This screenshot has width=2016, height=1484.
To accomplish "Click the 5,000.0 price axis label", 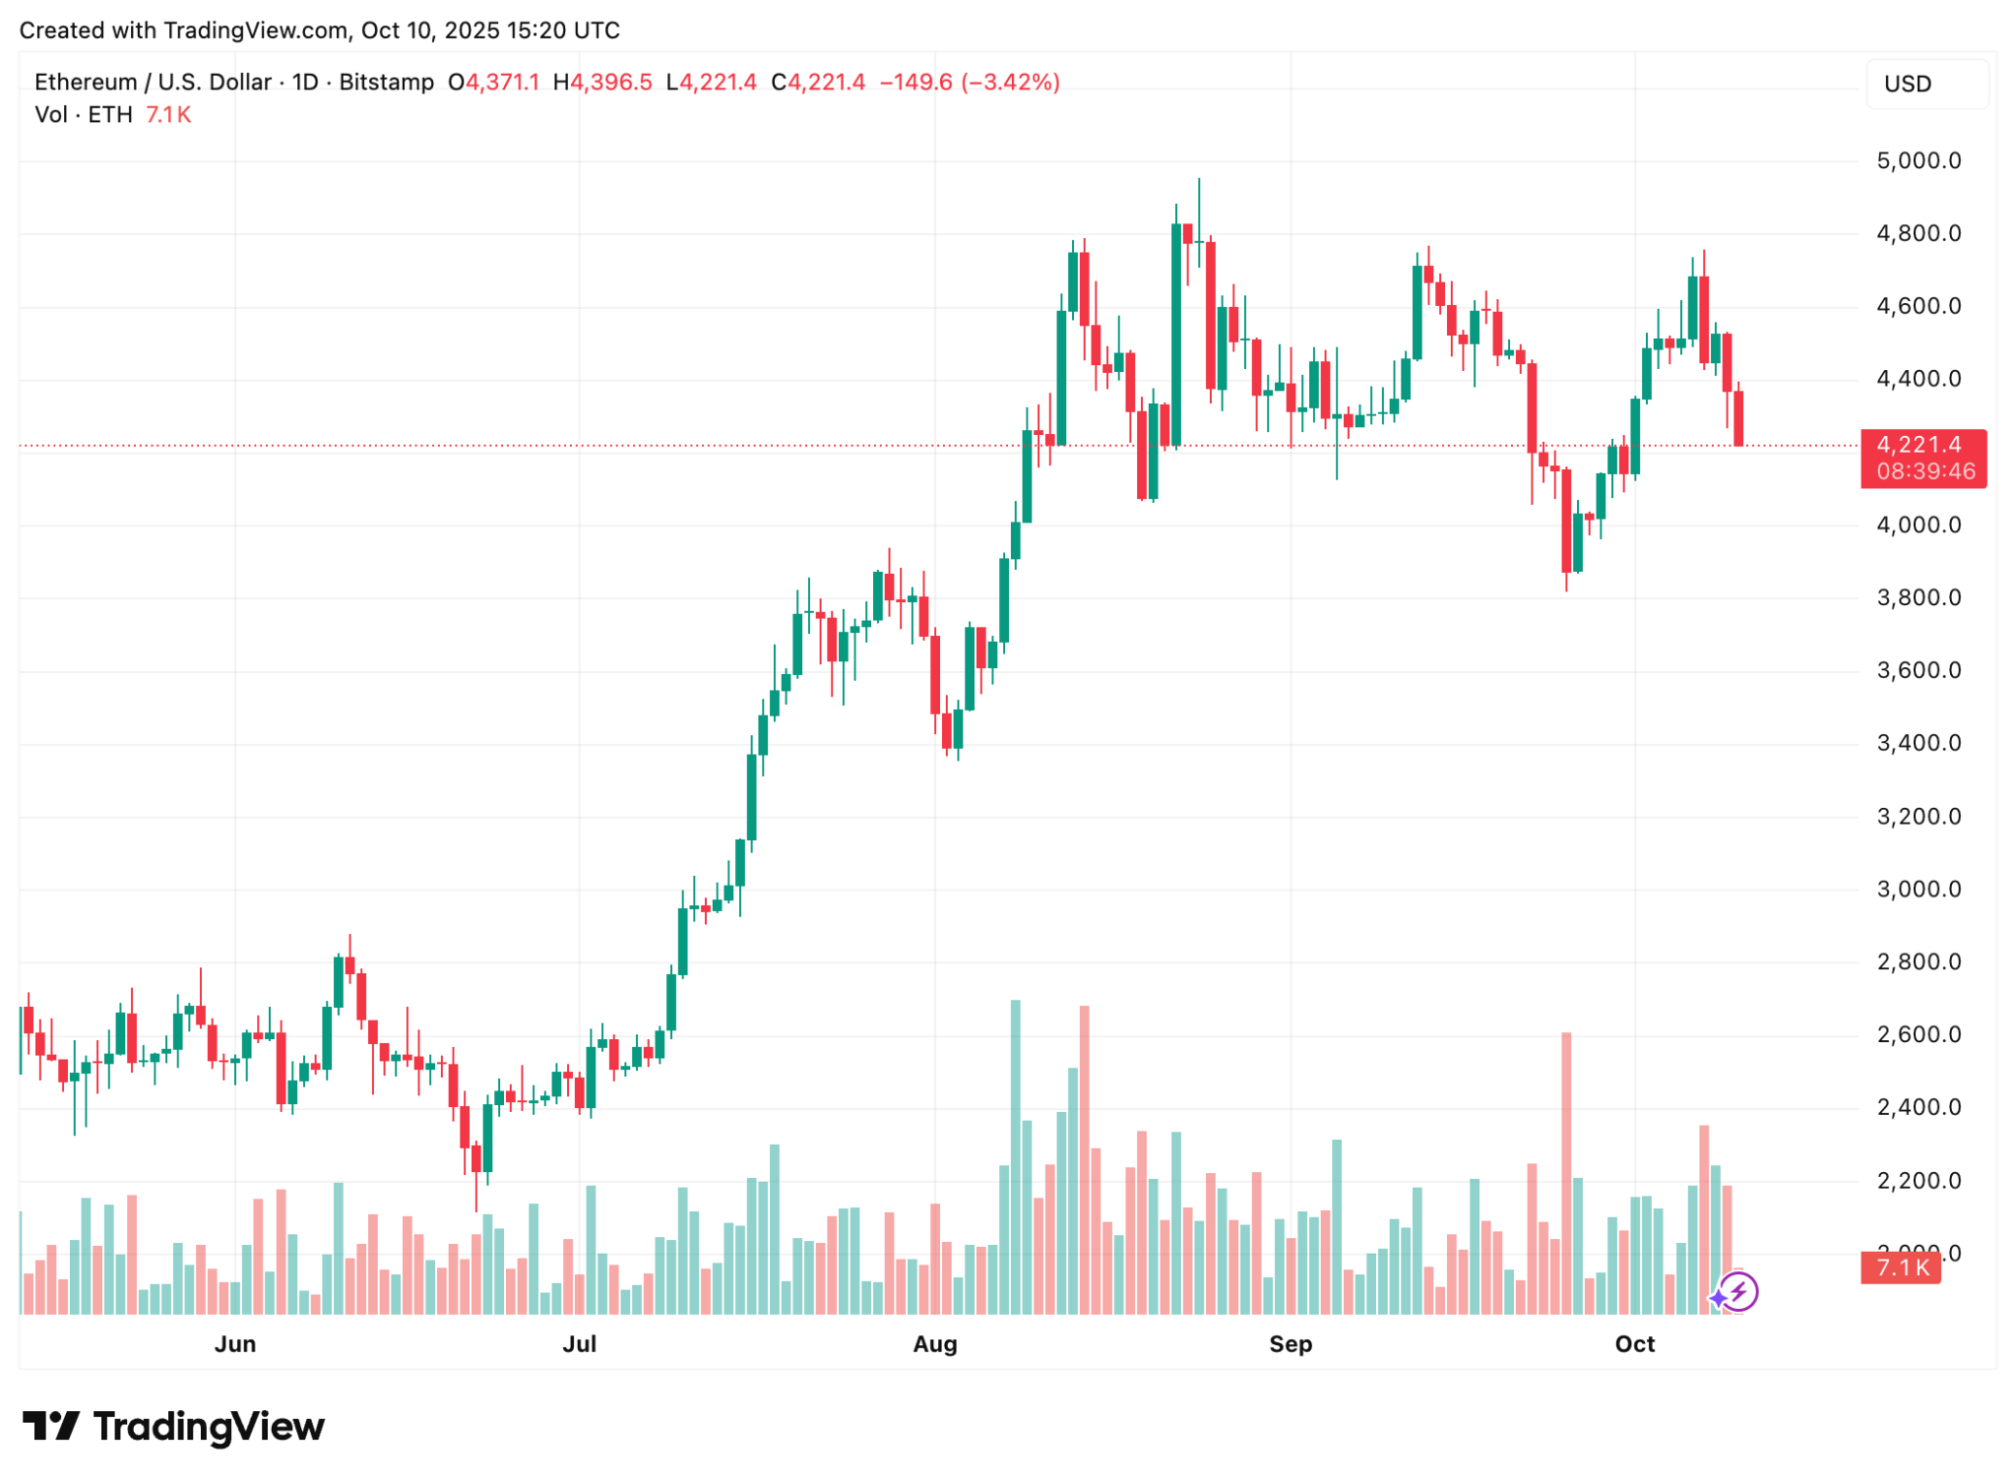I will pos(1918,160).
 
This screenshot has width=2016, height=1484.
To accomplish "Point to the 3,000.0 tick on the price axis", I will pos(1918,889).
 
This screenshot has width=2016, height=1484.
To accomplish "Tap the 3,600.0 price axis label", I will pos(1918,670).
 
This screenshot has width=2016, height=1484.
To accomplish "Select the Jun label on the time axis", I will pos(235,1343).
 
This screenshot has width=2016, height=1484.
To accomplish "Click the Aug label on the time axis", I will pos(934,1343).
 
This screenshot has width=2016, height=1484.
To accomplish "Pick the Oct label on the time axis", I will pos(1634,1343).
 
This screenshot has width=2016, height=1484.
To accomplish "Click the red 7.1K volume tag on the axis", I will pos(1901,1268).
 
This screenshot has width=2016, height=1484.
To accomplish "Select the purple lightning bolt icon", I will pos(1738,1292).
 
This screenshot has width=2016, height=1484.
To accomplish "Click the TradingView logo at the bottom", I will pos(173,1426).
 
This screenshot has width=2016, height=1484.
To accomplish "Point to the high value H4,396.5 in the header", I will pos(602,82).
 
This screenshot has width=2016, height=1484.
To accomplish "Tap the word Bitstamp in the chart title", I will pos(386,82).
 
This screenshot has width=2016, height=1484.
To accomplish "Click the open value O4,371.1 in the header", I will pos(493,82).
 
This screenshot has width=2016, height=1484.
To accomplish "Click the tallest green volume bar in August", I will pos(1015,1156).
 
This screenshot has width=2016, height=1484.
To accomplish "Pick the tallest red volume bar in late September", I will pos(1565,1173).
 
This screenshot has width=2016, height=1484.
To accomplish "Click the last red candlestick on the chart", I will pos(1738,418).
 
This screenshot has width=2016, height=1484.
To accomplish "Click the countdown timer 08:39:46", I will pos(1924,472).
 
